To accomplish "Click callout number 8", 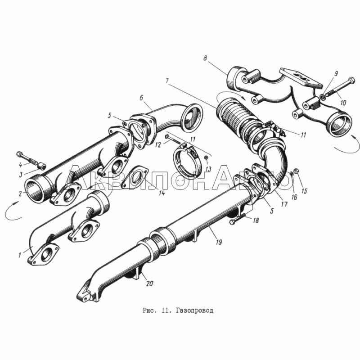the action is [x=205, y=58].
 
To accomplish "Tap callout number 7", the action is [x=167, y=81].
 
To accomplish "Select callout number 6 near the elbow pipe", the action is [x=141, y=98].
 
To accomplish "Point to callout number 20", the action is [x=149, y=283].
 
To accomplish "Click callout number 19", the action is [x=219, y=242].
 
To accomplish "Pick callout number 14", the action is [x=162, y=193].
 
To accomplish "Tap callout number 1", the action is [x=20, y=255].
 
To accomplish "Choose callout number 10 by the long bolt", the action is [x=343, y=103].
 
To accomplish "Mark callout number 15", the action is [x=304, y=191].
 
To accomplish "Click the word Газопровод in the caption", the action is [x=195, y=310].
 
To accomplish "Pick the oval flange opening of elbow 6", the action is [x=192, y=116].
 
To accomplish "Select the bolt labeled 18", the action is [x=238, y=219].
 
